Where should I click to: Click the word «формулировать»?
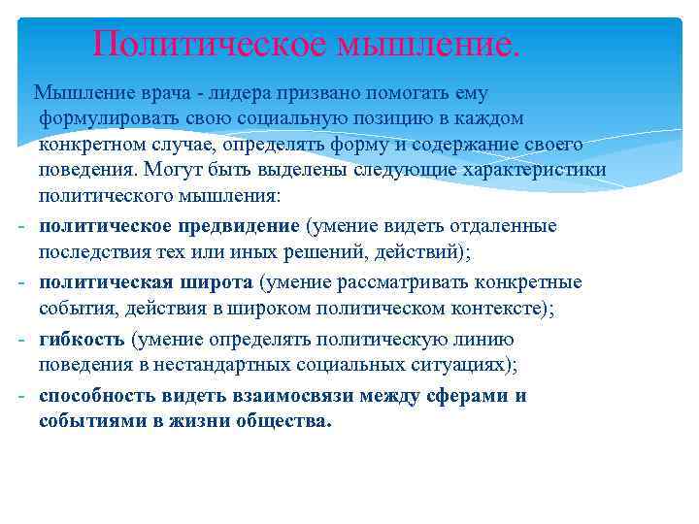(104, 118)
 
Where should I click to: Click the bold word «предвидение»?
(243, 226)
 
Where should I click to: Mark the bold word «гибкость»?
(82, 339)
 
